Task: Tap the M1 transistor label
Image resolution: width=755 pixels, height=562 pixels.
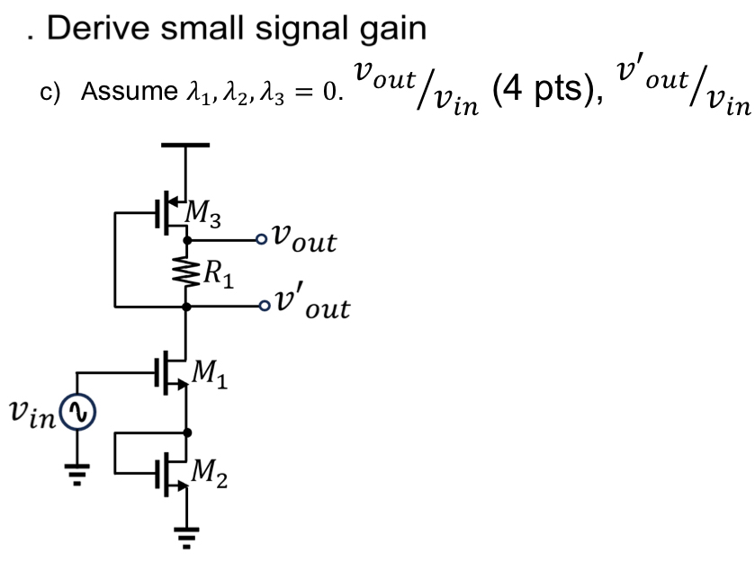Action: [x=211, y=371]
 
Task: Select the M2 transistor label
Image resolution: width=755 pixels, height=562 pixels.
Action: [x=211, y=468]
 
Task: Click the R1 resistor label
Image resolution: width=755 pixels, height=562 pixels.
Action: [x=218, y=274]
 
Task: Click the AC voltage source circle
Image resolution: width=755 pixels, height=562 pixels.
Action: [x=76, y=413]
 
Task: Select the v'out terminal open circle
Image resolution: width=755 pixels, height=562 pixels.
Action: [x=262, y=306]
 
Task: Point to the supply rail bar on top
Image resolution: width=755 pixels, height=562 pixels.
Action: [x=185, y=144]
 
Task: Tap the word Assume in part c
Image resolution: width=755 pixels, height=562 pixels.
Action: [x=116, y=92]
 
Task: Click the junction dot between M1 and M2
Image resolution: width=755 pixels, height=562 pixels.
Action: [x=186, y=432]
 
